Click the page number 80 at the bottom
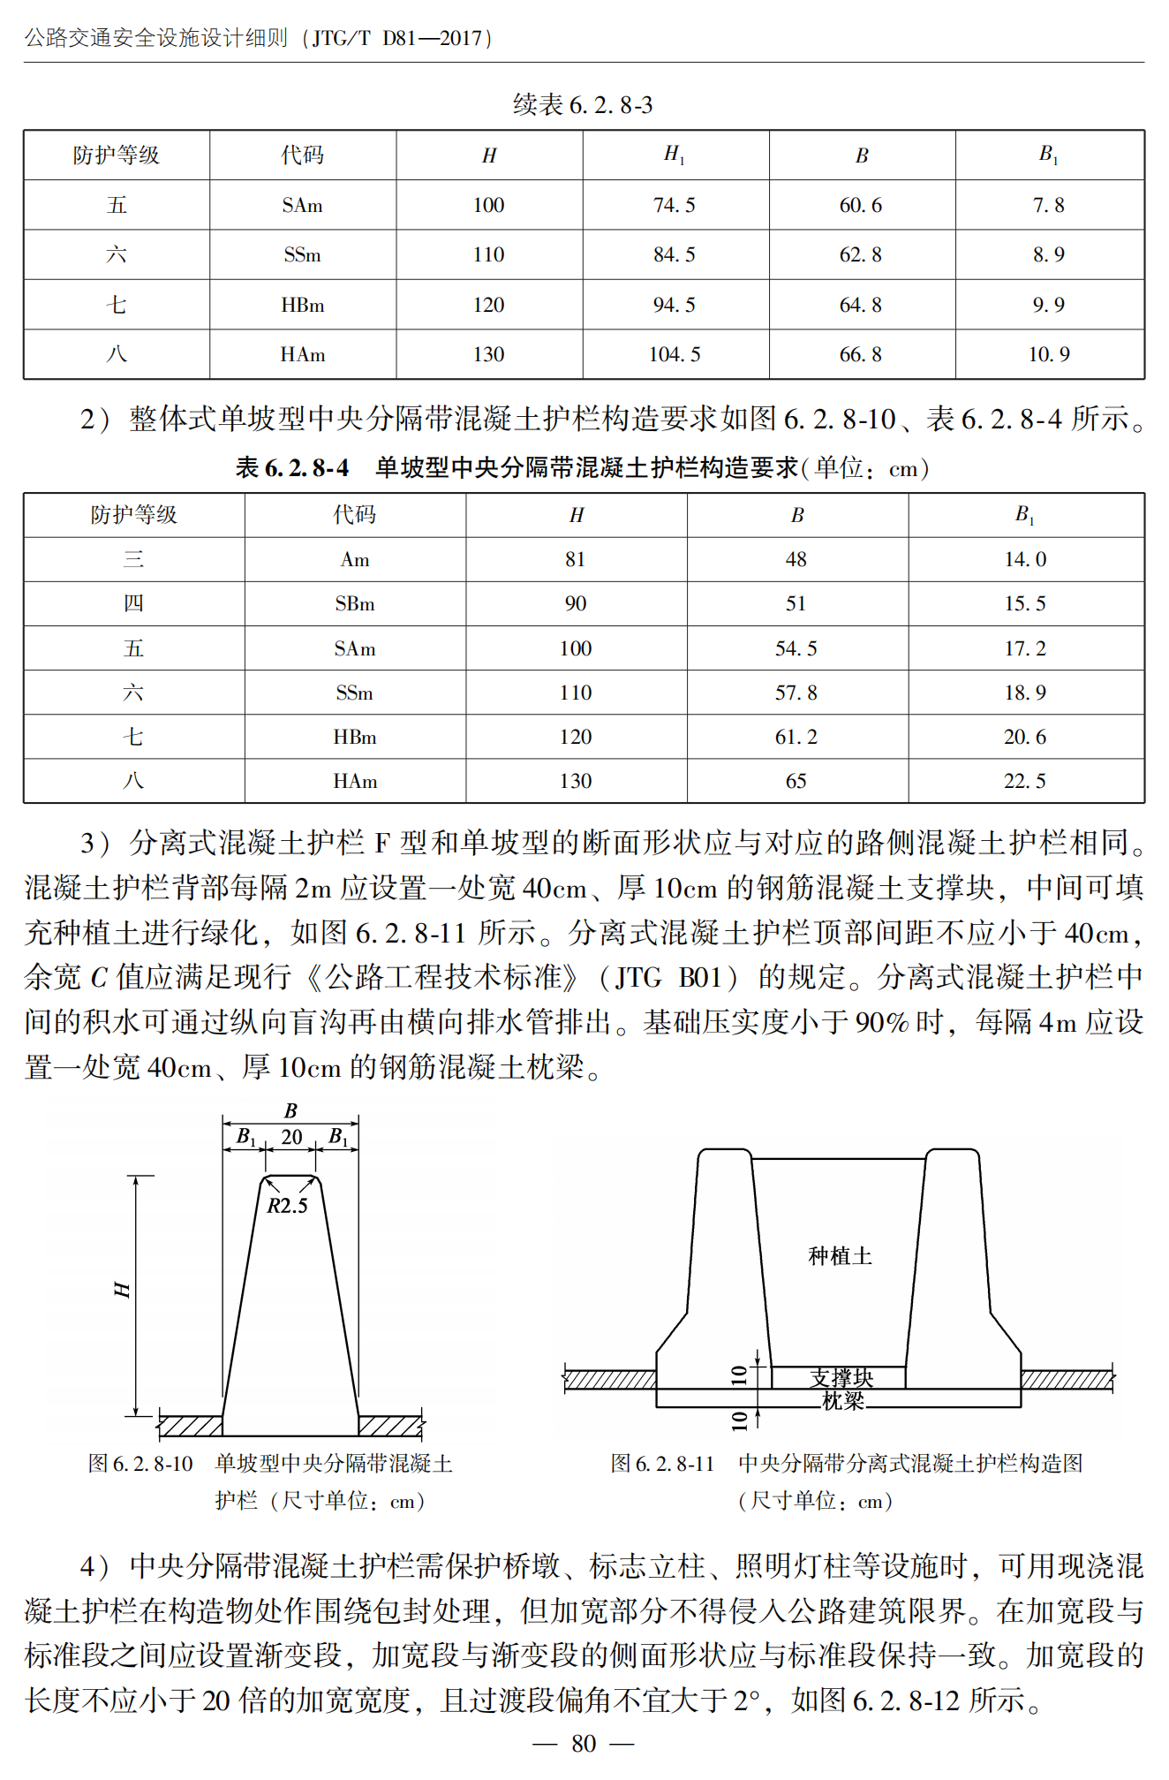pyautogui.click(x=584, y=1743)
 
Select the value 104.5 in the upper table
pyautogui.click(x=675, y=354)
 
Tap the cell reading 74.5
pyautogui.click(x=675, y=205)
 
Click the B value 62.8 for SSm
pyautogui.click(x=861, y=254)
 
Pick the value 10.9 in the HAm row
pyautogui.click(x=1049, y=354)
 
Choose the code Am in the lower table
pyautogui.click(x=355, y=559)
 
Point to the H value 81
pyautogui.click(x=576, y=559)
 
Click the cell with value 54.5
pyautogui.click(x=796, y=648)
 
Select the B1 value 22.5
pyautogui.click(x=1025, y=781)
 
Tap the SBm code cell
pyautogui.click(x=355, y=603)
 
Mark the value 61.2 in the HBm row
pyautogui.click(x=796, y=737)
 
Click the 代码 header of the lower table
pyautogui.click(x=355, y=514)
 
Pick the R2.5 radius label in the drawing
pyautogui.click(x=288, y=1206)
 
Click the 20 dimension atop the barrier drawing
pyautogui.click(x=291, y=1137)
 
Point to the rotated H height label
pyautogui.click(x=123, y=1290)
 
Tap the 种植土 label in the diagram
pyautogui.click(x=840, y=1255)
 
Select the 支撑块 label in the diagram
pyautogui.click(x=841, y=1377)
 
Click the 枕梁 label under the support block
pyautogui.click(x=843, y=1400)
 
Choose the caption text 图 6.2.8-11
pyautogui.click(x=662, y=1464)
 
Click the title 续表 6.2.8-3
pyautogui.click(x=583, y=105)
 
